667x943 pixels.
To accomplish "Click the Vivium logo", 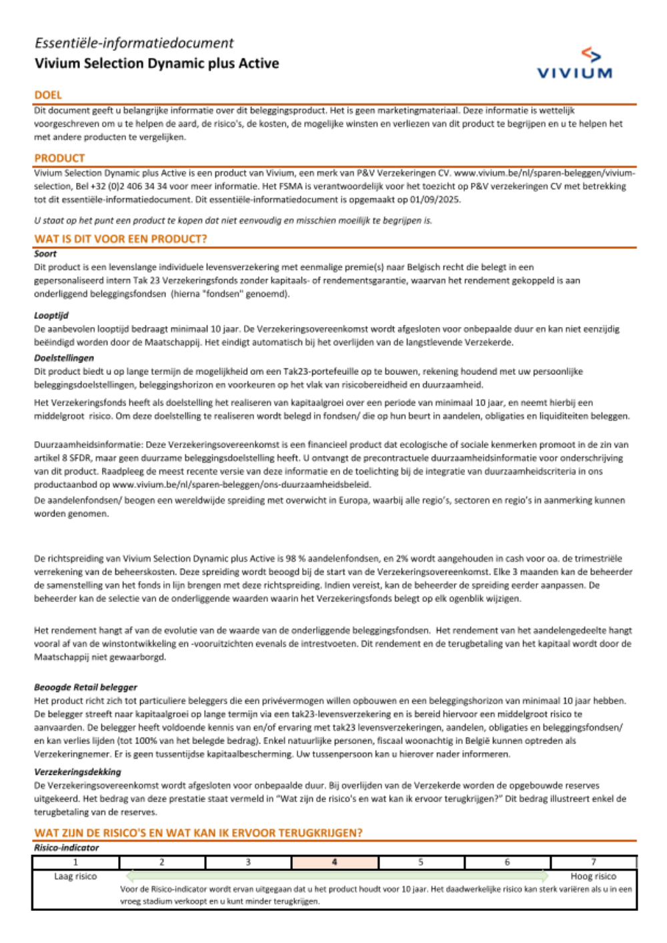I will [x=574, y=64].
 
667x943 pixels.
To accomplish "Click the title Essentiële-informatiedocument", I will [x=134, y=43].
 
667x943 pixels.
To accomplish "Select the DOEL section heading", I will [x=48, y=95].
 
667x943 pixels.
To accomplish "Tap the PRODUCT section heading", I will [x=60, y=158].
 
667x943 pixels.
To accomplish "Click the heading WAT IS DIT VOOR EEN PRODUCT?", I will [x=121, y=239].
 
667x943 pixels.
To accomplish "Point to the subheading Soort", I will [x=45, y=254].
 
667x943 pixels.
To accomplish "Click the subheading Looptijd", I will [x=51, y=315].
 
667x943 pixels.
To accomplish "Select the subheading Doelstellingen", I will [x=64, y=358].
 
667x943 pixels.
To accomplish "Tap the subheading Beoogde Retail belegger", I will [x=85, y=687].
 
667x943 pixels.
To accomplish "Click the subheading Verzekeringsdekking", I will [x=77, y=771].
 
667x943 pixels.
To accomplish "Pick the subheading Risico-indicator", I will [x=67, y=848].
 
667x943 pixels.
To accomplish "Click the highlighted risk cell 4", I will [x=335, y=862].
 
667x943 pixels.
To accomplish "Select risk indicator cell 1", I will [x=75, y=862].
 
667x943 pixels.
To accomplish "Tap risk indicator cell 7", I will [x=594, y=862].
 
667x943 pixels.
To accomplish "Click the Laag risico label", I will [x=75, y=876].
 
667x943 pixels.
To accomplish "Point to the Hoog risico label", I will [x=593, y=876].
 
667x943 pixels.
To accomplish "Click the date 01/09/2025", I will [x=436, y=200].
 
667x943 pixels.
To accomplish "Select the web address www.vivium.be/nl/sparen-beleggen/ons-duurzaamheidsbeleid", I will [x=241, y=485].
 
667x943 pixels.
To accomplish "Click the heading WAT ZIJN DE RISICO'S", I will [x=199, y=833].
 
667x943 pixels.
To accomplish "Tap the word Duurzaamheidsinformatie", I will [x=88, y=444].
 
